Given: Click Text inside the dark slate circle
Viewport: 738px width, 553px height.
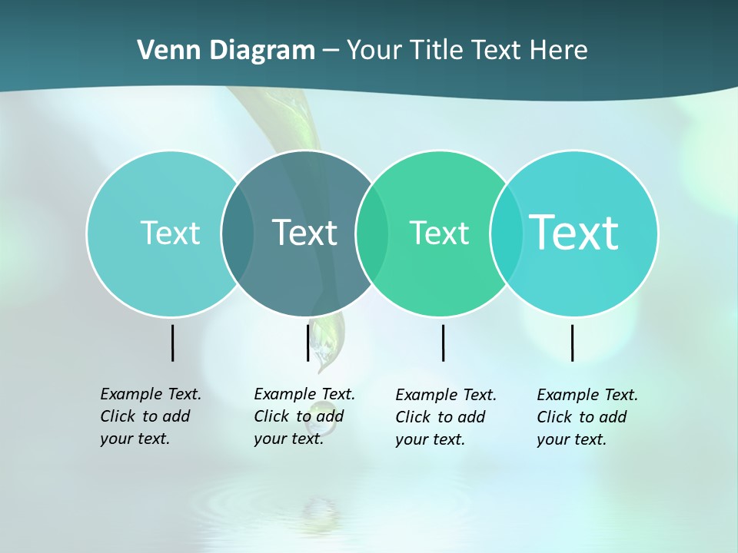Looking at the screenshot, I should pos(304,233).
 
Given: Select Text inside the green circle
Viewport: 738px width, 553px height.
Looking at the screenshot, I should pos(439,233).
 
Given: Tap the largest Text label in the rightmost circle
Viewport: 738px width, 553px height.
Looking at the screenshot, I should pos(573,232).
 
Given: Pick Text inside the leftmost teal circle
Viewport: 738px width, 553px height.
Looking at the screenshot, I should pos(170,233).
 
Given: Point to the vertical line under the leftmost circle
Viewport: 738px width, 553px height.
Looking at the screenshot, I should pos(173,343).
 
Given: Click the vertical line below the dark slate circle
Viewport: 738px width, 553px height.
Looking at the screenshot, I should pos(308,343).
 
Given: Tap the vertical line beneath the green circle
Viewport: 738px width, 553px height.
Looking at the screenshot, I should pos(444,343).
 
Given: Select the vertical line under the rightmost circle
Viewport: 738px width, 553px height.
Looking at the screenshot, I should pos(573,343).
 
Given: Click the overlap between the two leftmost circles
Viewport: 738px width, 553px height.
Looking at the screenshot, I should pos(238,233).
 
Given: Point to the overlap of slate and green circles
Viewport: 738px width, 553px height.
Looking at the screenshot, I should pos(372,233).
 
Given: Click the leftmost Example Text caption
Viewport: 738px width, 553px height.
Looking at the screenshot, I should pos(150,416).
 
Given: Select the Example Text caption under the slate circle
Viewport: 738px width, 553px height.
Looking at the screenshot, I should pos(304,416).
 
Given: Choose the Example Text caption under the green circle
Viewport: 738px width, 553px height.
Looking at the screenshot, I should pos(445,417).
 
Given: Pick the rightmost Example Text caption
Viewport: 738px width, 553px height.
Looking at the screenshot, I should pos(587,417).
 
